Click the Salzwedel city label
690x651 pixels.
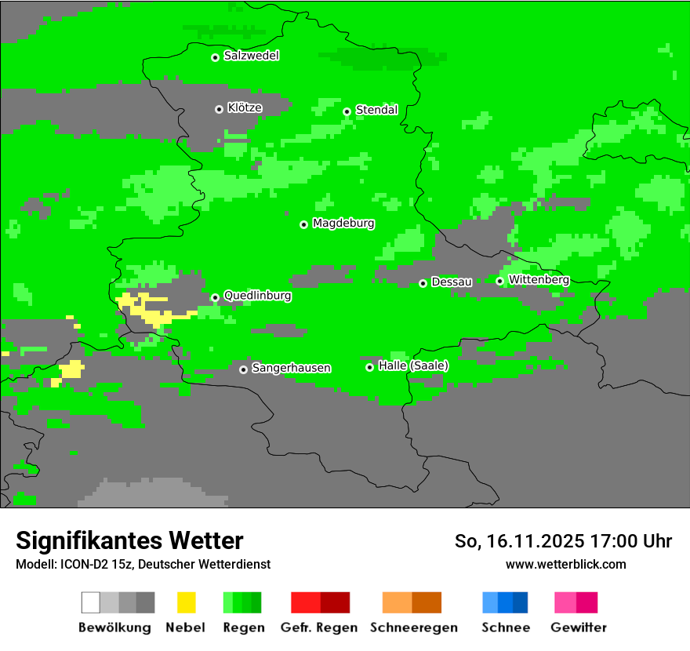pos(251,56)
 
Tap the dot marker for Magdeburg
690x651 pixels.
pos(303,224)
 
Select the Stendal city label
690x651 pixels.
pos(376,110)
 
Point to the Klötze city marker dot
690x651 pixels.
pos(219,109)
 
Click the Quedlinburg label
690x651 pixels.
pos(257,296)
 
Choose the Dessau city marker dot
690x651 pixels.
pos(423,283)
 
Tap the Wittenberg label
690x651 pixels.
pos(539,280)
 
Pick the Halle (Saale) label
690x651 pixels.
pos(413,366)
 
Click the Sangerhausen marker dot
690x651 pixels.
pos(243,369)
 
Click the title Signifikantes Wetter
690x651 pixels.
pos(129,540)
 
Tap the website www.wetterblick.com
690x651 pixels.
pos(565,564)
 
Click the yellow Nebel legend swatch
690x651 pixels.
pos(186,602)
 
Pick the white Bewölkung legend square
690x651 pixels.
pos(91,602)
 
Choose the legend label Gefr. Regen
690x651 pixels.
pos(319,627)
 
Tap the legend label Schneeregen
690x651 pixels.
pos(412,627)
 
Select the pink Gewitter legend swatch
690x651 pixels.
pos(565,602)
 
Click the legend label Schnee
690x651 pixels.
pos(505,627)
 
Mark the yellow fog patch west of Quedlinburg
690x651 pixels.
pos(145,308)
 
